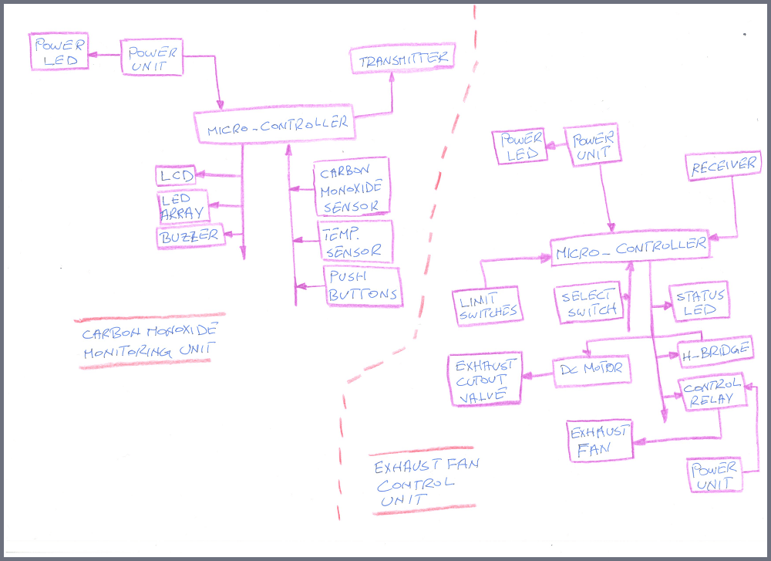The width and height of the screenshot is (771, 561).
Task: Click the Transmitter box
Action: click(x=402, y=59)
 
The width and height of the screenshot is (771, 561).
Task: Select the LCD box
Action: click(x=175, y=176)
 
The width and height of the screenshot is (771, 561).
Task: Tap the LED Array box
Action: click(x=182, y=206)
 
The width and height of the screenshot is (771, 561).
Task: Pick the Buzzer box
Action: click(x=190, y=236)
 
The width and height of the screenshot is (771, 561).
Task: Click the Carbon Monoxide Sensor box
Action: click(x=352, y=187)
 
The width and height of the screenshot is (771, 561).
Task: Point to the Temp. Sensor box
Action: click(x=355, y=242)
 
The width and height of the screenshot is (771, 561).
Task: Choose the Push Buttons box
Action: click(x=362, y=286)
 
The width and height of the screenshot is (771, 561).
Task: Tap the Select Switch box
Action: click(x=589, y=303)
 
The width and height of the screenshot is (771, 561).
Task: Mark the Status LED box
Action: click(x=701, y=302)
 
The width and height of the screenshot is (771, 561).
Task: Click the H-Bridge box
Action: click(x=715, y=351)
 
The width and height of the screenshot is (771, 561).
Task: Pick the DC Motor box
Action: click(x=591, y=370)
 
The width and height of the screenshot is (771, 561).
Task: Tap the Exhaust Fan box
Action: click(x=600, y=441)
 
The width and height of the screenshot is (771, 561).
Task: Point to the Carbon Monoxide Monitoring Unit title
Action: click(x=150, y=340)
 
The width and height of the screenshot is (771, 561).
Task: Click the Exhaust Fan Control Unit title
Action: click(x=420, y=483)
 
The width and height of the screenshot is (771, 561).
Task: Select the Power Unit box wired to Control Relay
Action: click(x=714, y=475)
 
